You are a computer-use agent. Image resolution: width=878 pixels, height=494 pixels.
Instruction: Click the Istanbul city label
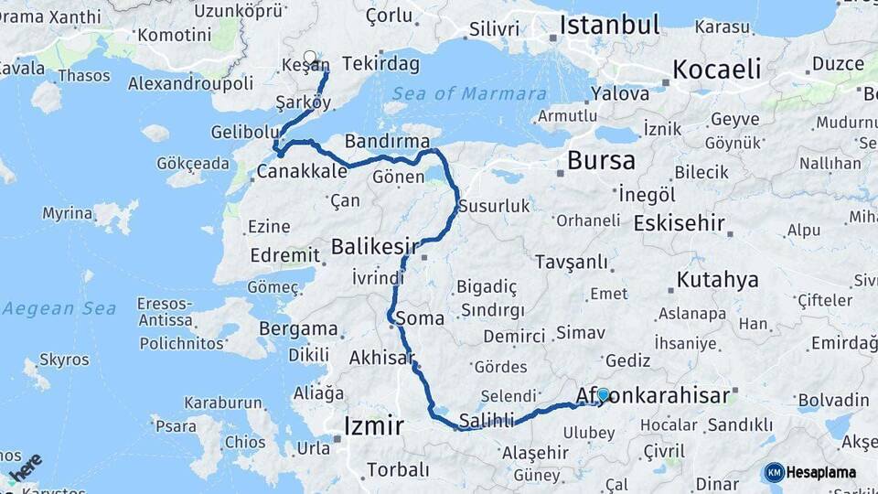pyautogui.click(x=609, y=25)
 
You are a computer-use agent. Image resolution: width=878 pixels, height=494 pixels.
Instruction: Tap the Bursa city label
pyautogui.click(x=601, y=161)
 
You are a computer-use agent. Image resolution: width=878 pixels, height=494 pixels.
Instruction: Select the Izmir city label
pyautogui.click(x=373, y=425)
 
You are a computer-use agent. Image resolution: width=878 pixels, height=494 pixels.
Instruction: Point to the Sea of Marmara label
pyautogui.click(x=470, y=93)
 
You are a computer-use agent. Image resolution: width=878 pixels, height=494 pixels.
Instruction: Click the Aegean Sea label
pyautogui.click(x=59, y=308)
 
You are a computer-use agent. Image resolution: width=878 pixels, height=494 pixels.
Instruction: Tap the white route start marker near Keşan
pyautogui.click(x=310, y=58)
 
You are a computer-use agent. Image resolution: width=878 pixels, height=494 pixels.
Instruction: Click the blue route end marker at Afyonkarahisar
pyautogui.click(x=603, y=395)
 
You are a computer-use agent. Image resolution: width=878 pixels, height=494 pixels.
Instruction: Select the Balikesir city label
pyautogui.click(x=374, y=246)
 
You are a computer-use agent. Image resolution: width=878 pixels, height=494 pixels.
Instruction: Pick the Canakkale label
pyautogui.click(x=302, y=171)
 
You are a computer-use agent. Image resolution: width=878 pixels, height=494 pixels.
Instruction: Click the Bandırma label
pyautogui.click(x=387, y=141)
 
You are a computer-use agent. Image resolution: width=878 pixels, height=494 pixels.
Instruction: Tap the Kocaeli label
pyautogui.click(x=716, y=70)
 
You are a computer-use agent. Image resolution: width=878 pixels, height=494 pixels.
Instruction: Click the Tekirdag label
pyautogui.click(x=382, y=64)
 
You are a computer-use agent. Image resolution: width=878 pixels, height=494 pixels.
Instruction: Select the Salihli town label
pyautogui.click(x=488, y=420)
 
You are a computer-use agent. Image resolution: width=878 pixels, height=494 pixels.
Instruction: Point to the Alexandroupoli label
pyautogui.click(x=190, y=83)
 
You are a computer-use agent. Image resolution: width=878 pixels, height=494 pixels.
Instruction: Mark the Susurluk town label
pyautogui.click(x=494, y=206)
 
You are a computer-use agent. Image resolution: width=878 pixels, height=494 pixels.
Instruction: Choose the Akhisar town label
pyautogui.click(x=381, y=358)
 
